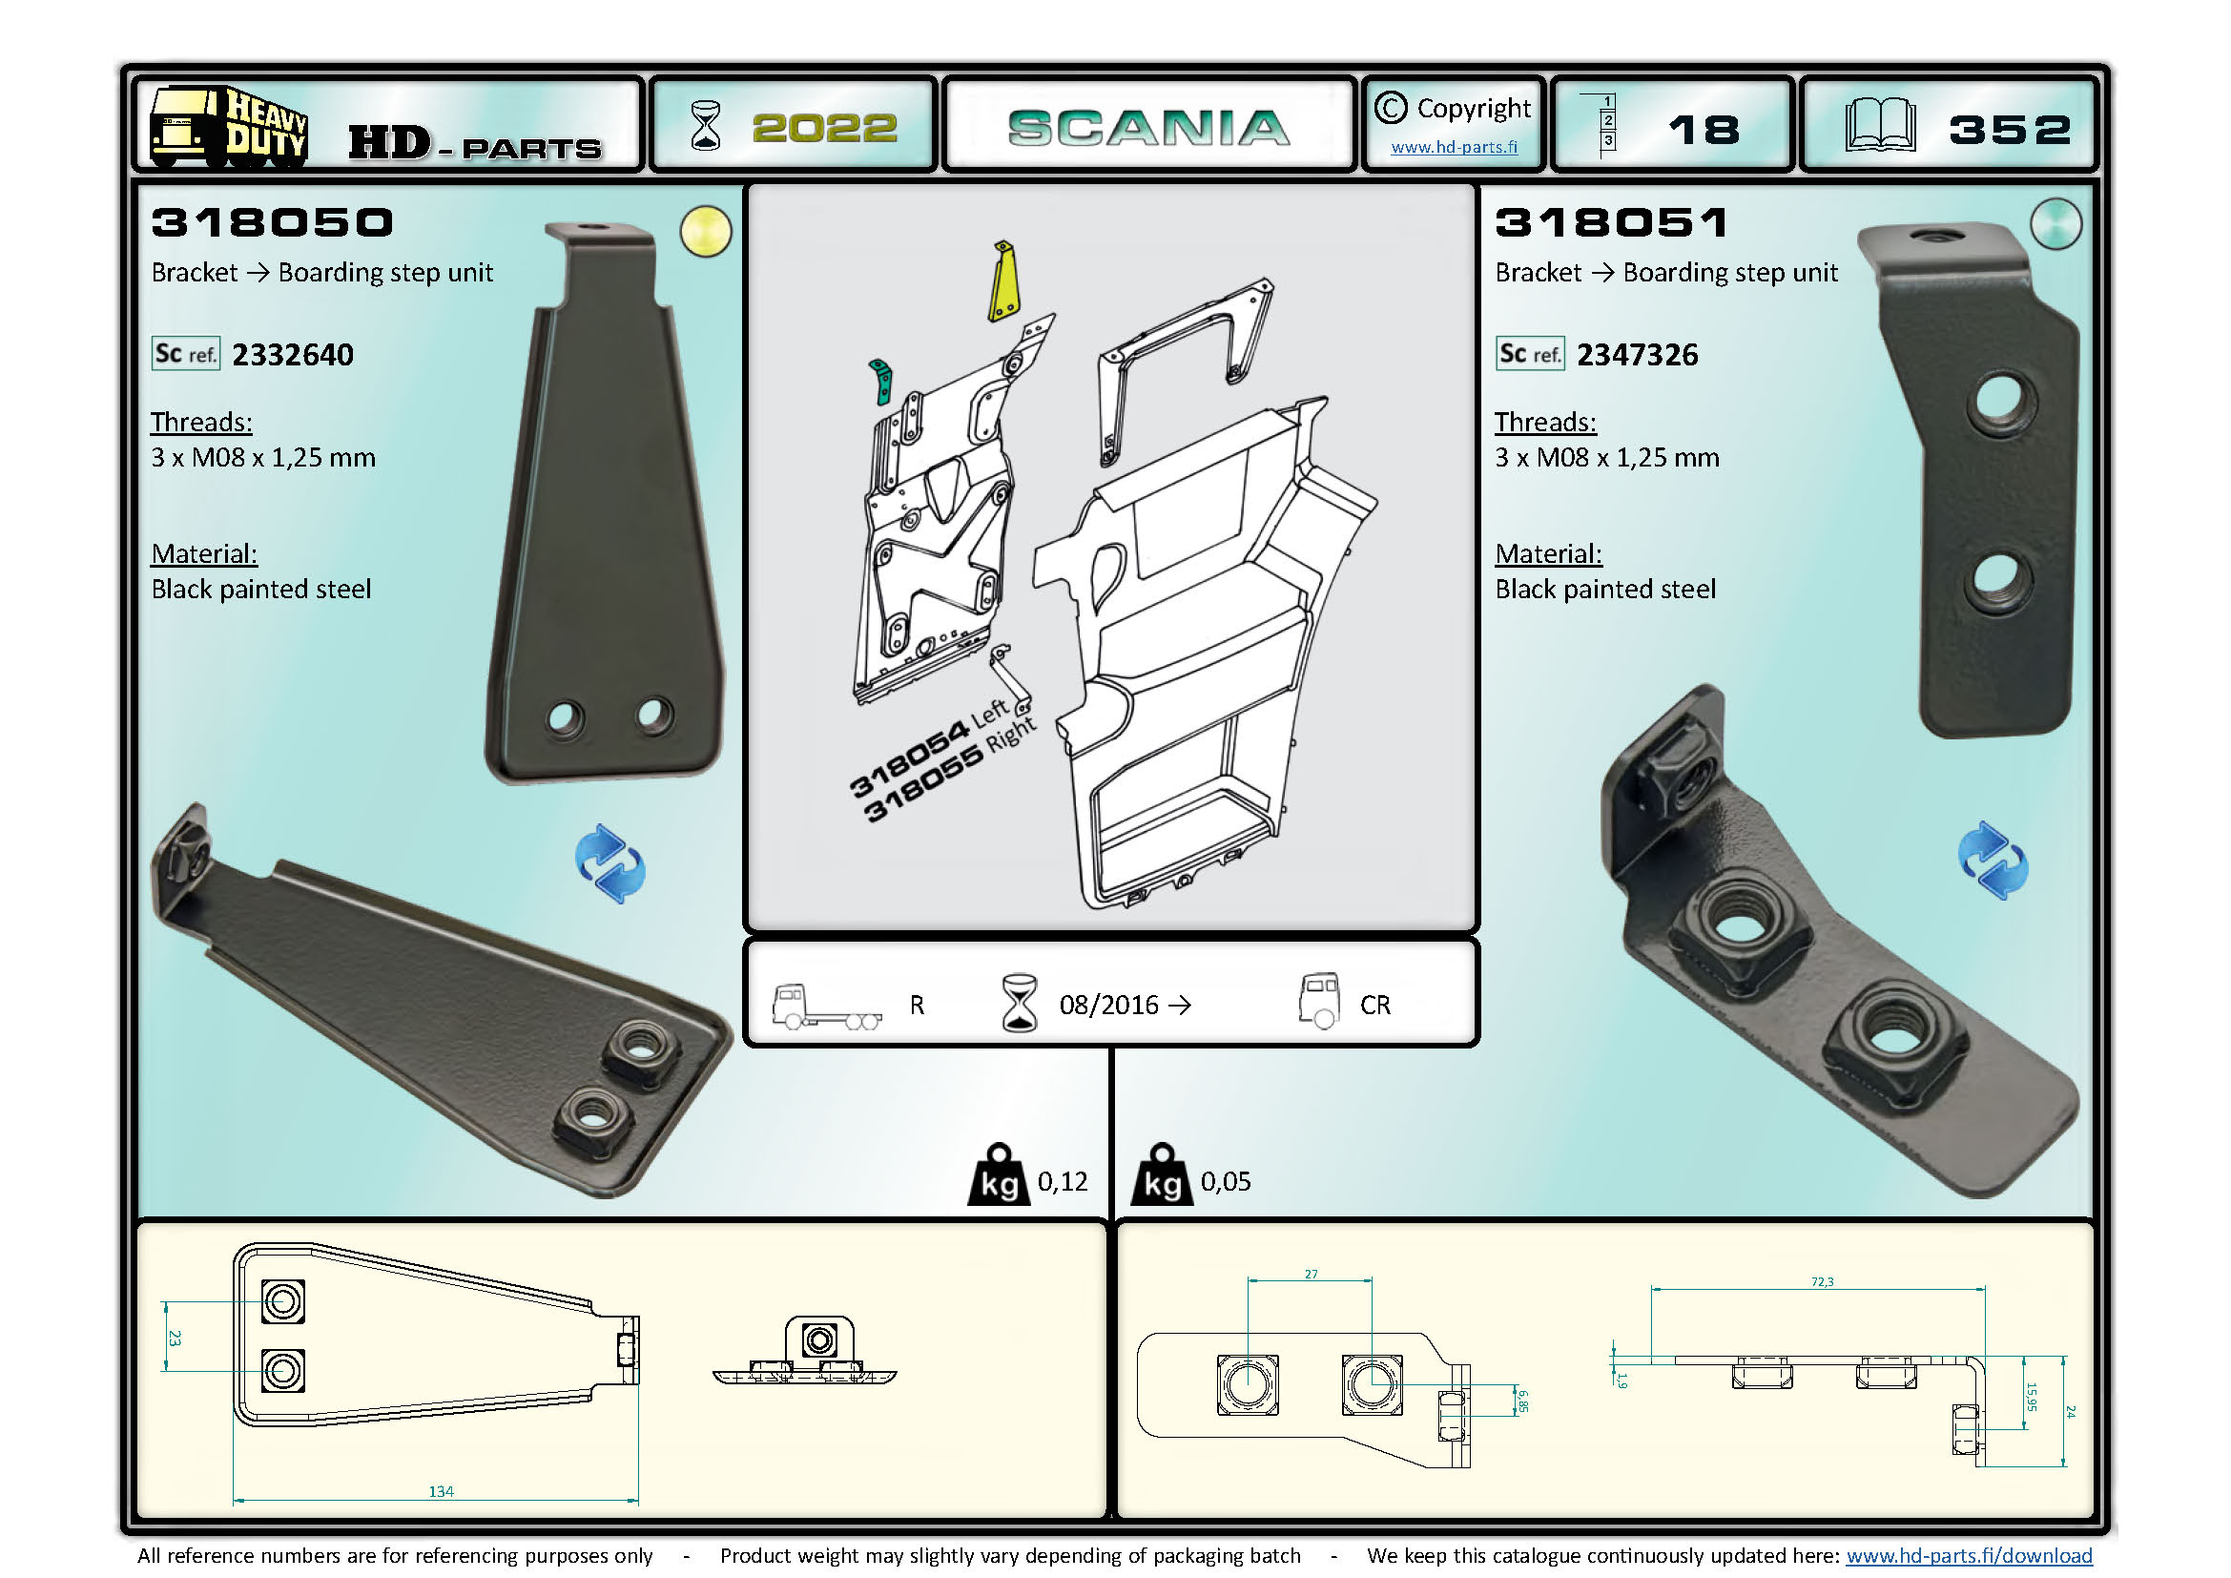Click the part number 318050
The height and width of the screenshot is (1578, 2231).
pos(272,222)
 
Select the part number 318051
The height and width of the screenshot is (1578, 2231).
pos(1612,222)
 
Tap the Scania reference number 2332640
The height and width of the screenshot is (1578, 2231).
pos(293,355)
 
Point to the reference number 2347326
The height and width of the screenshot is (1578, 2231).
pos(1638,355)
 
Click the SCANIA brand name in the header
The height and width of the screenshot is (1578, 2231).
pos(1148,128)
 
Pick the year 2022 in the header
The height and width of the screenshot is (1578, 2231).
pos(825,128)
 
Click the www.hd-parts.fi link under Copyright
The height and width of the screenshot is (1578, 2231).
pos(1454,147)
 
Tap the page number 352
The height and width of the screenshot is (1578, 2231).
pos(2010,129)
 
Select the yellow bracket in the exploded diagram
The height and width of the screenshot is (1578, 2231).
pos(1003,280)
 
